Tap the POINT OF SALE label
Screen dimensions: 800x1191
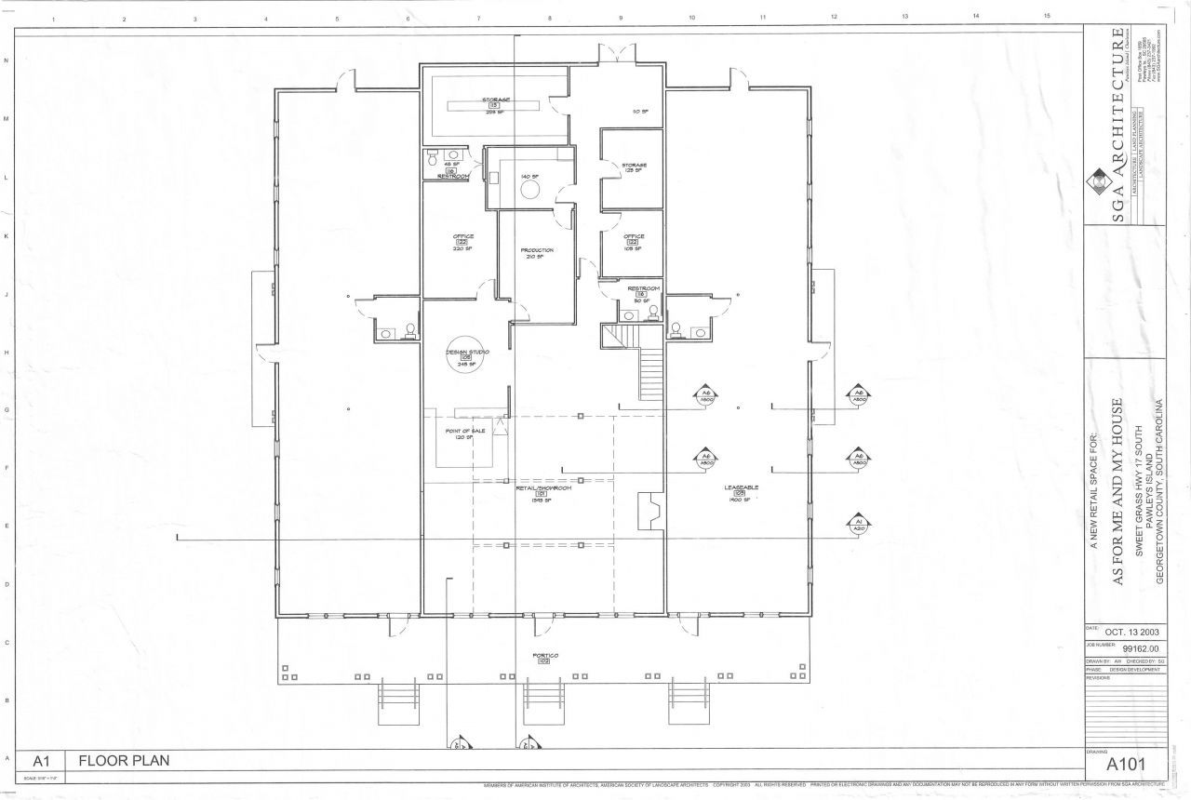(x=465, y=432)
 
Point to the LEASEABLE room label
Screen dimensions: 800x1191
(x=742, y=487)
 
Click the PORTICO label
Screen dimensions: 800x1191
(x=544, y=655)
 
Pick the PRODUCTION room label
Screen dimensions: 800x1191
(x=537, y=250)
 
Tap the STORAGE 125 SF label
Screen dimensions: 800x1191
(x=634, y=167)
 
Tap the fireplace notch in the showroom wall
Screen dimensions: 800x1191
(x=649, y=510)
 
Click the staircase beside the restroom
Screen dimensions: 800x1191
(x=650, y=370)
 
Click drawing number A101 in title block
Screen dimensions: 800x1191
(x=1125, y=765)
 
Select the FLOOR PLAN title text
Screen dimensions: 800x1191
(x=124, y=760)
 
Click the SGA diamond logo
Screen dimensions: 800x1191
(x=1100, y=179)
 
